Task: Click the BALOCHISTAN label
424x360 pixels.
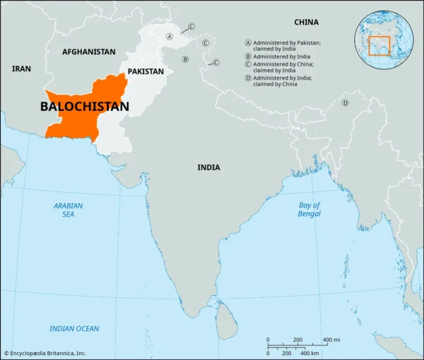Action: pyautogui.click(x=84, y=107)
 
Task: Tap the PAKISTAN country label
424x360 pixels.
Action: pyautogui.click(x=146, y=71)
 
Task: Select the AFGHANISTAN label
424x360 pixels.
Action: pyautogui.click(x=88, y=52)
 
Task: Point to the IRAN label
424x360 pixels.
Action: pyautogui.click(x=21, y=68)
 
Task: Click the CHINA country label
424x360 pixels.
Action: pyautogui.click(x=306, y=22)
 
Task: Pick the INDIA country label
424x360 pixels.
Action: pyautogui.click(x=208, y=167)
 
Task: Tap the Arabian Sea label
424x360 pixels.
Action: pyautogui.click(x=68, y=210)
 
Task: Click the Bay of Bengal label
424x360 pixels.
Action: pyautogui.click(x=309, y=209)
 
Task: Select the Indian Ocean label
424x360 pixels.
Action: pyautogui.click(x=74, y=328)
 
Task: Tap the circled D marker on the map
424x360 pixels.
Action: pyautogui.click(x=345, y=103)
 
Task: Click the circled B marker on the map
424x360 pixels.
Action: pyautogui.click(x=185, y=59)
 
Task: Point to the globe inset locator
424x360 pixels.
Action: pyautogui.click(x=385, y=40)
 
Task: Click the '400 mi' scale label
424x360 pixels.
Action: pyautogui.click(x=331, y=340)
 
